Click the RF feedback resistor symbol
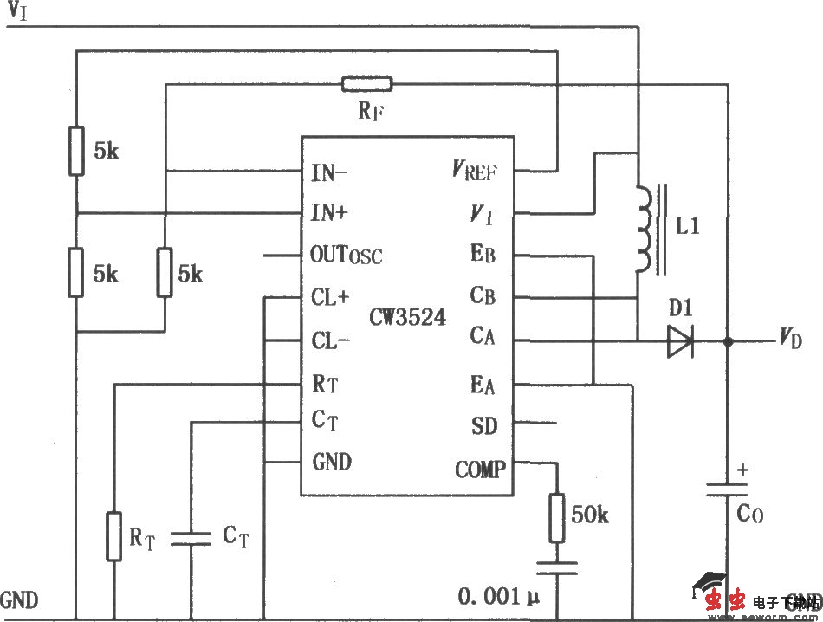coord(366,84)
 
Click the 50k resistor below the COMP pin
coord(557,516)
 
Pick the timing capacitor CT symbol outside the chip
coord(191,537)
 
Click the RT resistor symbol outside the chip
coord(113,535)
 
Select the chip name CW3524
coord(407,318)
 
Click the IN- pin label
coord(329,172)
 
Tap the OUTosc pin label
coord(346,256)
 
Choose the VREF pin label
coord(474,171)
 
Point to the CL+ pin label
coord(330,297)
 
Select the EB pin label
coord(483,256)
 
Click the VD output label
coord(790,339)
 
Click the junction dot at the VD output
coord(727,341)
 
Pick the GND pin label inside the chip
coord(332,462)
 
